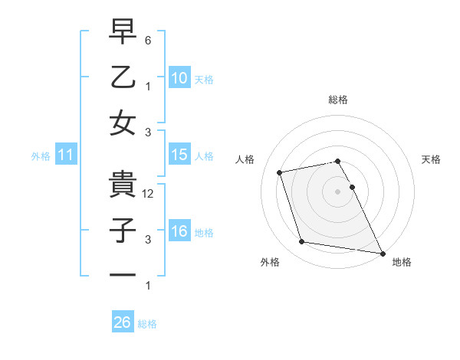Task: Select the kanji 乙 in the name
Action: (x=123, y=77)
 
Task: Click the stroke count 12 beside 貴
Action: (x=149, y=194)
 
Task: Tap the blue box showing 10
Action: (x=179, y=77)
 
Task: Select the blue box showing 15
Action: (x=179, y=155)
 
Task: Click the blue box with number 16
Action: (x=179, y=231)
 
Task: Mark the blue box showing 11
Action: (x=66, y=155)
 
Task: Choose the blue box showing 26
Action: (x=122, y=322)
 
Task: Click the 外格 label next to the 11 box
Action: (x=41, y=156)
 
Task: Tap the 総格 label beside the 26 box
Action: (x=147, y=324)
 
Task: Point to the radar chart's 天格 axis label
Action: (x=431, y=159)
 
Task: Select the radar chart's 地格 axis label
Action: (x=402, y=262)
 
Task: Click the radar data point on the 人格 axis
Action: (x=280, y=172)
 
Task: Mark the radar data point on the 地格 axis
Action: (x=381, y=252)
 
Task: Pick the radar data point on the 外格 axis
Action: (x=302, y=242)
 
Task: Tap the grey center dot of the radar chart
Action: (x=337, y=191)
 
